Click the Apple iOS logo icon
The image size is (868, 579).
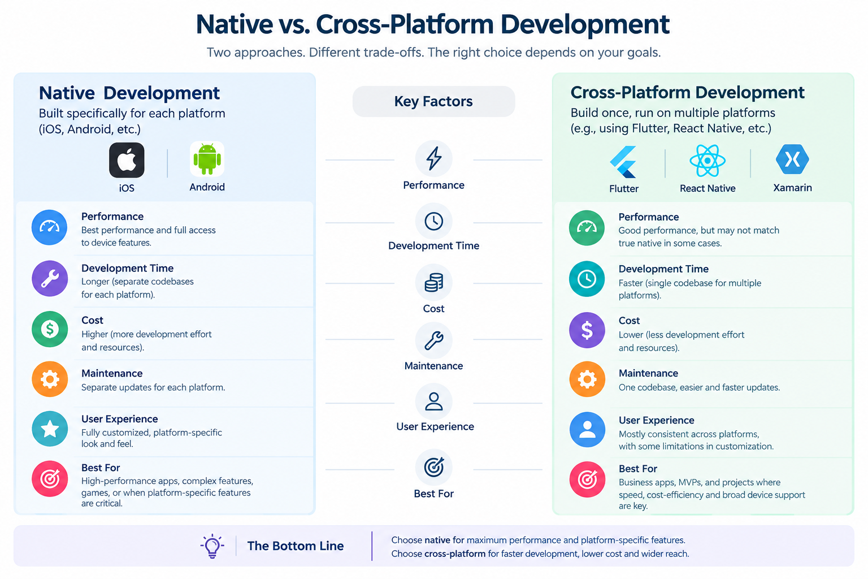click(127, 160)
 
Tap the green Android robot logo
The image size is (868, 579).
click(207, 159)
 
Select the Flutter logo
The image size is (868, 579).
click(623, 162)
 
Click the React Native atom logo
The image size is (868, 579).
click(707, 161)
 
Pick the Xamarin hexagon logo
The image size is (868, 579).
click(792, 159)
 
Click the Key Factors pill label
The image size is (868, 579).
click(433, 101)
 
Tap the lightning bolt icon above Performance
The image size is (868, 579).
click(433, 158)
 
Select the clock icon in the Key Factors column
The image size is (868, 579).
click(433, 222)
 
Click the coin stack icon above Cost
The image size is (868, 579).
click(433, 282)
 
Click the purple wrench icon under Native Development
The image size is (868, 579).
click(50, 278)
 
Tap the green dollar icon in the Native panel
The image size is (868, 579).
click(50, 329)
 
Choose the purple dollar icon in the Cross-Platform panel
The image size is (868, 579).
click(587, 330)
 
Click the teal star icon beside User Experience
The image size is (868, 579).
click(50, 429)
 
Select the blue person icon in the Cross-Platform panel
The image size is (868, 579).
click(587, 430)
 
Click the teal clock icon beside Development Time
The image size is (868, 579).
click(587, 279)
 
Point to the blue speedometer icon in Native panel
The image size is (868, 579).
click(49, 227)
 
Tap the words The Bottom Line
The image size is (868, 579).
click(296, 546)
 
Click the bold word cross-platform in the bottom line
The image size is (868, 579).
click(455, 554)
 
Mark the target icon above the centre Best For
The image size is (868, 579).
click(433, 467)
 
